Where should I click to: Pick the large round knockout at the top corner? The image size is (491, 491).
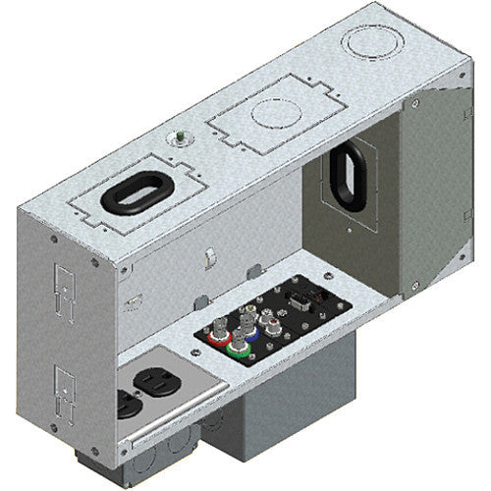(368, 43)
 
